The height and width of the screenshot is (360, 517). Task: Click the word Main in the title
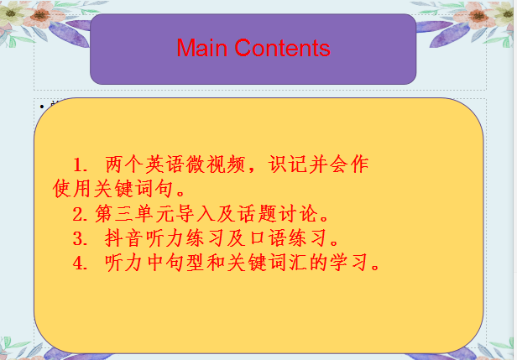202,48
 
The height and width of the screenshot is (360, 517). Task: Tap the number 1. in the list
81,164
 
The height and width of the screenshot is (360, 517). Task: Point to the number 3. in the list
81,237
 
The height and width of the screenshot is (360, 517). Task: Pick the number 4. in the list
81,263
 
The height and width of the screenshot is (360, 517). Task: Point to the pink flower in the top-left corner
16,14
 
